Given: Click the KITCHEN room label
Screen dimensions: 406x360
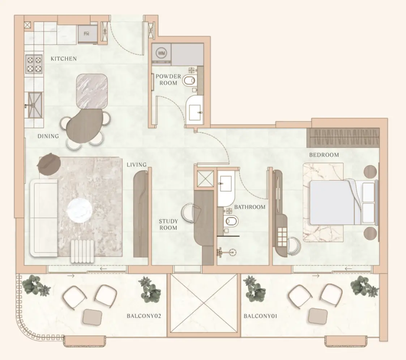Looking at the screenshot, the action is [64, 59].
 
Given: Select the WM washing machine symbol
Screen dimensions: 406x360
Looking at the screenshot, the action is [161, 54].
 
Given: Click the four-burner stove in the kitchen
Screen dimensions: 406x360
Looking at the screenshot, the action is [34, 64].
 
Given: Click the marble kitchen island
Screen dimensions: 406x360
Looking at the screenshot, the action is [92, 91].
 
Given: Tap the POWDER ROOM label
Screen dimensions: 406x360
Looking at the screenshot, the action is [168, 80].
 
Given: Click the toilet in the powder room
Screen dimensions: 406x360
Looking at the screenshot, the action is [189, 80].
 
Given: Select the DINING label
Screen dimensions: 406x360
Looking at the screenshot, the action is [48, 136].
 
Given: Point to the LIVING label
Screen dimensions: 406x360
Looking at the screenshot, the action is [136, 165].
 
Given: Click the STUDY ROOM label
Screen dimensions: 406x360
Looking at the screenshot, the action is [168, 224].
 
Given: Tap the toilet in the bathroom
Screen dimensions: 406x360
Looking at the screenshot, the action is [231, 221].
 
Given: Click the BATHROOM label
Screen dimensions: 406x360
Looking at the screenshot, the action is [249, 207].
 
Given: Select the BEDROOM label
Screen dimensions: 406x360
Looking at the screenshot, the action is [324, 155].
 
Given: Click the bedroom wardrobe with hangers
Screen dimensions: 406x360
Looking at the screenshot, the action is [343, 137].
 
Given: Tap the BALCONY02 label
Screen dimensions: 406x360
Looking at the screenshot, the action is [144, 316].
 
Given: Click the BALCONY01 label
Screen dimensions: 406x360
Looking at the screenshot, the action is [260, 316].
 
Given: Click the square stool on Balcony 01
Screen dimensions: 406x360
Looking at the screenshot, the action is [318, 316].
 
